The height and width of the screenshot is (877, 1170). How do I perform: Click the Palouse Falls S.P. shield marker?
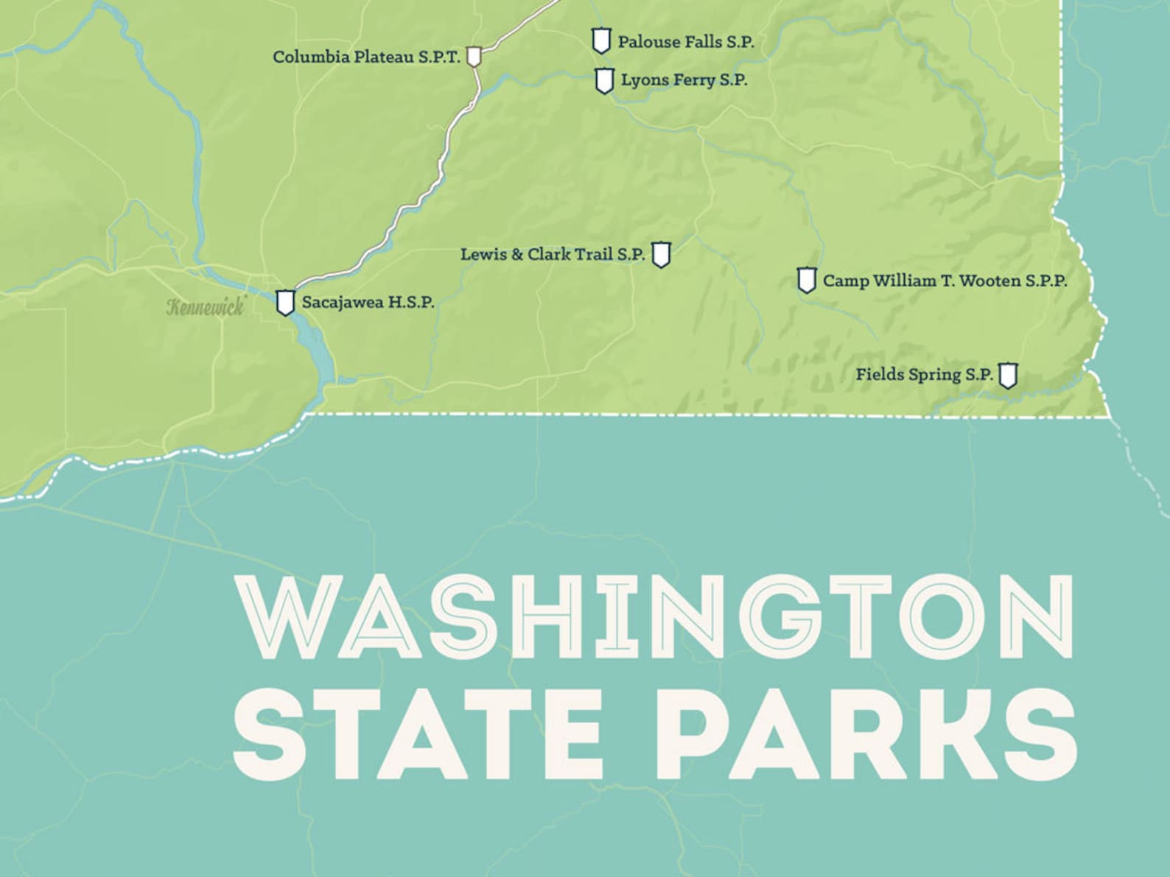pyautogui.click(x=601, y=40)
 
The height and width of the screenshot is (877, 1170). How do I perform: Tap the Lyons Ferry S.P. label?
pyautogui.click(x=684, y=80)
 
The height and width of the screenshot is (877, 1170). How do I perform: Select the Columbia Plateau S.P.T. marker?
pyautogui.click(x=474, y=56)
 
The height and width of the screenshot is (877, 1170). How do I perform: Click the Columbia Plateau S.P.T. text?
pyautogui.click(x=366, y=57)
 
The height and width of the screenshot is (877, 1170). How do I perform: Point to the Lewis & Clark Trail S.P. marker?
pyautogui.click(x=661, y=255)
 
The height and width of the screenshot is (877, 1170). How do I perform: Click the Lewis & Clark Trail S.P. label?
pyautogui.click(x=553, y=255)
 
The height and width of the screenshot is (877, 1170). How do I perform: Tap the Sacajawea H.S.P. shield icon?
pyautogui.click(x=285, y=303)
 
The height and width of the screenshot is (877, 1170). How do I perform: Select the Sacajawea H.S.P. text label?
pyautogui.click(x=368, y=303)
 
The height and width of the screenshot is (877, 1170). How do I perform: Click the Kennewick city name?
pyautogui.click(x=205, y=307)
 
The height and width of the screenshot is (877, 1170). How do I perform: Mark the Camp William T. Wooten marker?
pyautogui.click(x=807, y=280)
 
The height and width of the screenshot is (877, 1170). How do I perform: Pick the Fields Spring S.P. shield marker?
pyautogui.click(x=1007, y=375)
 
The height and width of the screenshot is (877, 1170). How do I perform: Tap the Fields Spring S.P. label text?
pyautogui.click(x=924, y=375)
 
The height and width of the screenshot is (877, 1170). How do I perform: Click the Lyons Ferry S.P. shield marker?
pyautogui.click(x=604, y=80)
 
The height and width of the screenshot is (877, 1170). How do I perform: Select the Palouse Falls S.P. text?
pyautogui.click(x=685, y=42)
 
